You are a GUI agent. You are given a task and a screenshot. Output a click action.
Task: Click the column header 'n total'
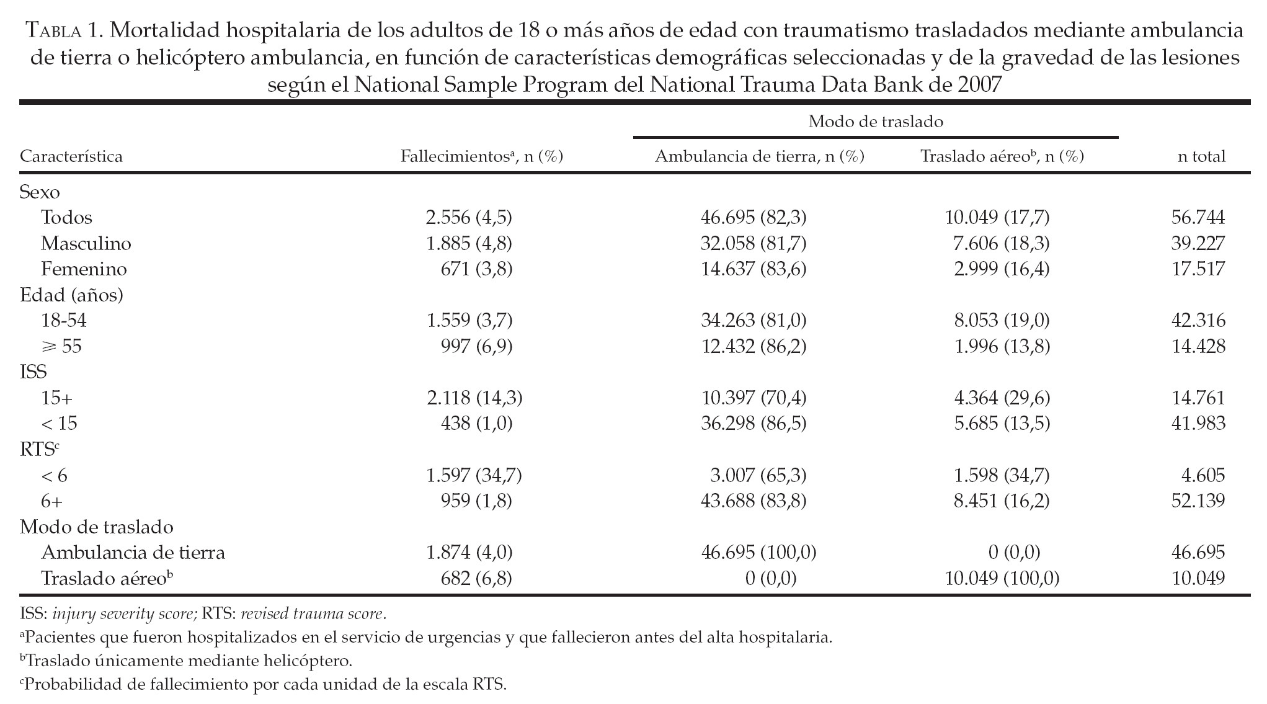[1201, 156]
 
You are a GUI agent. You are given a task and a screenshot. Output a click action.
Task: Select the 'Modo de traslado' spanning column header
[875, 122]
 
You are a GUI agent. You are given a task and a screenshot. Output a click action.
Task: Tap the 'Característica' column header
[71, 156]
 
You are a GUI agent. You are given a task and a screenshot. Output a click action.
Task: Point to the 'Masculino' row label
[86, 243]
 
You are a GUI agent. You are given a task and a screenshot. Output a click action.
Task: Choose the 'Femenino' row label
[84, 269]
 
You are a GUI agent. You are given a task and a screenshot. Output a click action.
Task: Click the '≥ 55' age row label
[61, 346]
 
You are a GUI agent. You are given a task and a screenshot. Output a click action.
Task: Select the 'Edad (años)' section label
[71, 295]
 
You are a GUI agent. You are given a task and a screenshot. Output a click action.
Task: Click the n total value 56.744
[1198, 217]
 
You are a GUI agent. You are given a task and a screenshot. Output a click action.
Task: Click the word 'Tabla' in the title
[56, 29]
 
